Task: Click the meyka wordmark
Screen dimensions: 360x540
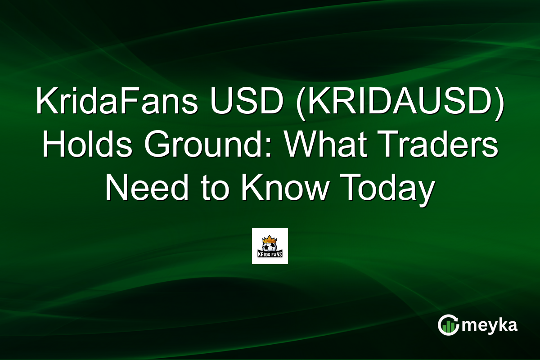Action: [490, 325]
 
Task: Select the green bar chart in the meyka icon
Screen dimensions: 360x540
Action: [447, 327]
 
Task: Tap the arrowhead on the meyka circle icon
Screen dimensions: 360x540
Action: [455, 318]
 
